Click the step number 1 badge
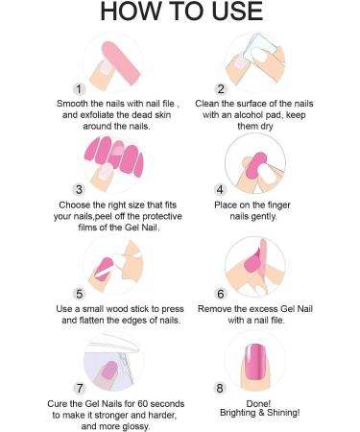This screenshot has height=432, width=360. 79,89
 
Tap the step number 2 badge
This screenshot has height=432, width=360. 221,89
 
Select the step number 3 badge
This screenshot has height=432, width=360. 79,189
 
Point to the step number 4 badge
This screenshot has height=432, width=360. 220,189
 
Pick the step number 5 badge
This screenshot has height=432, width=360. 79,294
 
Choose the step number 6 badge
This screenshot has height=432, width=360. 221,294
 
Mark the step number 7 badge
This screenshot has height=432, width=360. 80,388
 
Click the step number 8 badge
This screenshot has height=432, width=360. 220,388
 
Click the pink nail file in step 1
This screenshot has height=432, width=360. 121,63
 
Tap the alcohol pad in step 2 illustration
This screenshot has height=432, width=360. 259,48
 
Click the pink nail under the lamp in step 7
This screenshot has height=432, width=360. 108,372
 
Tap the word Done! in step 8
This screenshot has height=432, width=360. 258,403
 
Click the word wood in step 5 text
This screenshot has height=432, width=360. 116,309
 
